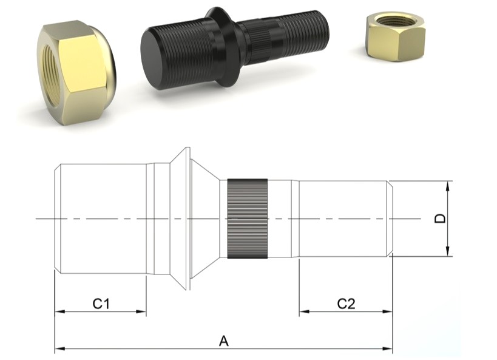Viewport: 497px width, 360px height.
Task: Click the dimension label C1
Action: tap(101, 304)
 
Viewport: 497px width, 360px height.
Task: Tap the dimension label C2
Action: tap(346, 304)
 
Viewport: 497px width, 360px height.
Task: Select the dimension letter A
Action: tap(224, 341)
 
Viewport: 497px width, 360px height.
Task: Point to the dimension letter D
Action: tap(440, 219)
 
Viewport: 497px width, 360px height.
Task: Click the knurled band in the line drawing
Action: tap(248, 219)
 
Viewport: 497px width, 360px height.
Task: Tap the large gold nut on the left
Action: tap(76, 72)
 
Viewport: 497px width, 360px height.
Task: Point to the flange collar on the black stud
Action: tap(222, 47)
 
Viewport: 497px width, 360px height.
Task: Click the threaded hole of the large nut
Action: tap(52, 75)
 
